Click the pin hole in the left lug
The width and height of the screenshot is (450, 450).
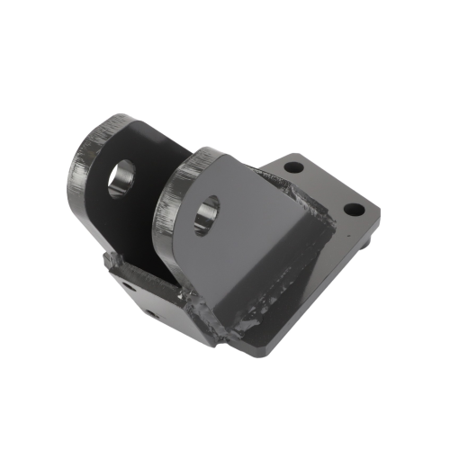tap(121, 177)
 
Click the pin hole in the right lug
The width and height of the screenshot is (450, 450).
tap(206, 213)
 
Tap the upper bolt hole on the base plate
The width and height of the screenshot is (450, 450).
tap(292, 166)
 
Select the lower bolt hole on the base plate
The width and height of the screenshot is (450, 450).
tap(354, 210)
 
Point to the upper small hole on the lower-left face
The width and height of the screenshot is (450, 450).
tap(128, 287)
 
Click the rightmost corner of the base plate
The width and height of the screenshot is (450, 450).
tap(378, 213)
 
